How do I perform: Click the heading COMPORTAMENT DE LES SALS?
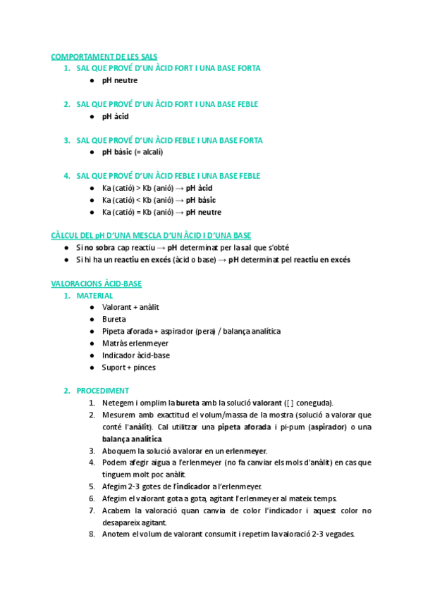tap(104, 56)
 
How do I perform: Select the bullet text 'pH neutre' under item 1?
tap(119, 80)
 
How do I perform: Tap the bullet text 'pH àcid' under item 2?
tap(115, 116)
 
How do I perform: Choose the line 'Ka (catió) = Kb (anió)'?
tap(161, 212)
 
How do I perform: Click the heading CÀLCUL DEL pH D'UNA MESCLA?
tap(151, 236)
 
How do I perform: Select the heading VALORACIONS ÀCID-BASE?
tap(96, 284)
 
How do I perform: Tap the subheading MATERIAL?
tap(94, 296)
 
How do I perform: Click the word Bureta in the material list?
tap(114, 320)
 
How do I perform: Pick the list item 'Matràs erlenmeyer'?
tap(135, 344)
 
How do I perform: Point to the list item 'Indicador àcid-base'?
tap(136, 356)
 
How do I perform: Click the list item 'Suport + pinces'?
tap(129, 367)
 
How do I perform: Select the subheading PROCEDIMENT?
tap(102, 391)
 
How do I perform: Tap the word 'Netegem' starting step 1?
tap(117, 403)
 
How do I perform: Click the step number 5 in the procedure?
tap(92, 486)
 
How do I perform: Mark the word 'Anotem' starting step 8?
tap(115, 534)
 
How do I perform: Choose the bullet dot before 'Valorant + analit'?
tap(92, 308)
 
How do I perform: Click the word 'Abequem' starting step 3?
tap(118, 451)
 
